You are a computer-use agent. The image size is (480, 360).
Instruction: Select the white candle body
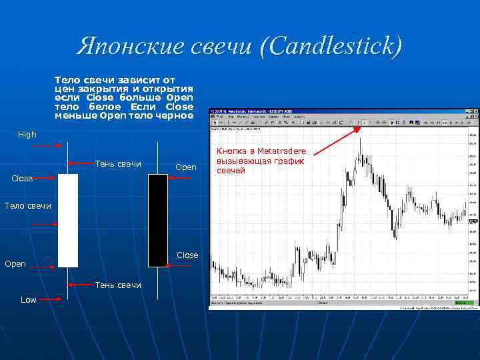click(x=68, y=220)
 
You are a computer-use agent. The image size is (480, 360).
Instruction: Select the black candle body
click(x=158, y=220)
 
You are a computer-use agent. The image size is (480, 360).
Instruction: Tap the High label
click(x=27, y=135)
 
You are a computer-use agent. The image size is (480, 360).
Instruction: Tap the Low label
click(x=29, y=300)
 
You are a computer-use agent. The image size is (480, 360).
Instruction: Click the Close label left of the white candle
click(x=22, y=179)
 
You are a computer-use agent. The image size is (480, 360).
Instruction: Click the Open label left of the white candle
click(x=15, y=264)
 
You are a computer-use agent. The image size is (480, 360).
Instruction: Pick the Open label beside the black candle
click(x=186, y=167)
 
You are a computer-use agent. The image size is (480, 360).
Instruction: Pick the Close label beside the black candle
click(x=187, y=255)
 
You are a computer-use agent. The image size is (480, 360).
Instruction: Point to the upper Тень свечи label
click(x=119, y=164)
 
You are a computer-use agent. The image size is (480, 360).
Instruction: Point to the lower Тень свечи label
click(x=119, y=285)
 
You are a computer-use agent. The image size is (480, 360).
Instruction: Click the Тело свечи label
click(x=27, y=205)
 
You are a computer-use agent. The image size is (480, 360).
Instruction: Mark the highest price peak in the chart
click(x=361, y=139)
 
